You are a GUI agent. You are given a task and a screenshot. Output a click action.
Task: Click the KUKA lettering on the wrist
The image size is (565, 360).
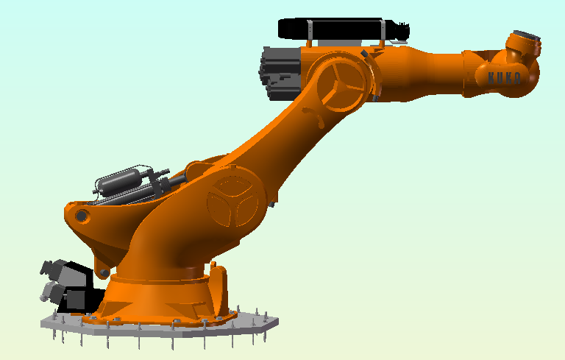505,77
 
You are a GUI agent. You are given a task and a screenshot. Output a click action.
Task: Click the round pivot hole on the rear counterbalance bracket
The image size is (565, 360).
82,216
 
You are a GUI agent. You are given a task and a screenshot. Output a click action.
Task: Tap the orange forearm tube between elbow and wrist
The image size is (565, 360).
419,70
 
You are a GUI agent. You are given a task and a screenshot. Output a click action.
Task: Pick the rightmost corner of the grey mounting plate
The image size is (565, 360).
279,320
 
